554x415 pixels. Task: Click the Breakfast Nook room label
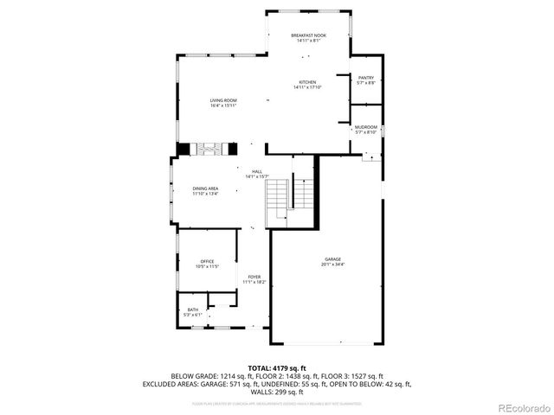pos(308,34)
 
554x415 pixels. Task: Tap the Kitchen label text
pos(308,82)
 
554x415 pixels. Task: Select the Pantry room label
pos(366,77)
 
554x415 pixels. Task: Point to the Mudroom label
pos(366,127)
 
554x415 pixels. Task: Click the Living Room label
pos(223,100)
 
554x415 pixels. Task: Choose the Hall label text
pos(257,171)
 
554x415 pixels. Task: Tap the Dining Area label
pos(205,188)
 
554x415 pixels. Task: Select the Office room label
pos(207,261)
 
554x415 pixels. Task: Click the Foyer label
pos(254,277)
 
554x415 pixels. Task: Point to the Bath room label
pos(192,310)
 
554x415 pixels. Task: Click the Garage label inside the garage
pos(332,259)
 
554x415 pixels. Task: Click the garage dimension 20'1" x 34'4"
pos(332,265)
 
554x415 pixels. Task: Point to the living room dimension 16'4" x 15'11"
pos(223,105)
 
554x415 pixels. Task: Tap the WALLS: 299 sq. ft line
pos(291,392)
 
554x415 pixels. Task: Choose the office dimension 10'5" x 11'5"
pos(207,266)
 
